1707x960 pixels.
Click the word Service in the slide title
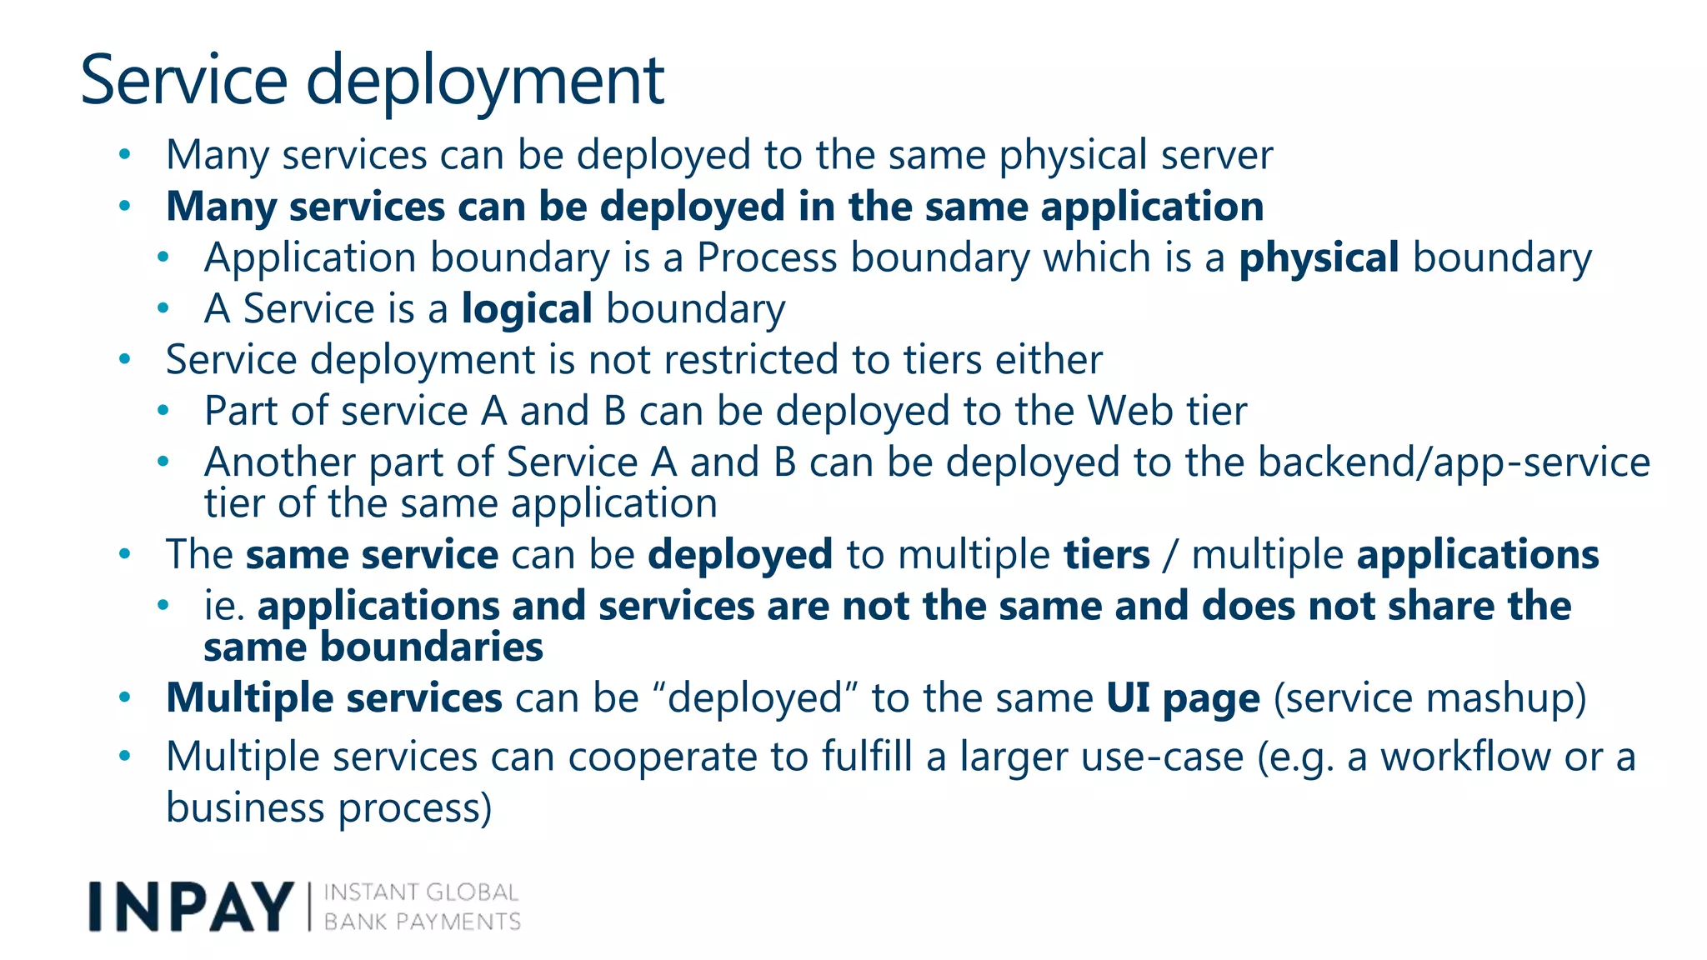click(x=183, y=81)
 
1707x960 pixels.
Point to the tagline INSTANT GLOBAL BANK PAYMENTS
click(x=422, y=907)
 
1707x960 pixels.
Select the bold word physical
click(x=1319, y=258)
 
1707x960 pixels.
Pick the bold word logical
click(x=527, y=309)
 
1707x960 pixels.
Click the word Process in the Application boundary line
click(x=767, y=258)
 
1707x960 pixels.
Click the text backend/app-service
click(x=1454, y=462)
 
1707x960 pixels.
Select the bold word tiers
click(x=1107, y=555)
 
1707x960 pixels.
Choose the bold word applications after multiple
click(x=1478, y=555)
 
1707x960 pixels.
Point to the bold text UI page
click(x=1183, y=698)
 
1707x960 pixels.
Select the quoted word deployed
click(x=756, y=698)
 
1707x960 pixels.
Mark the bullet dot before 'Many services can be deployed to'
click(x=125, y=154)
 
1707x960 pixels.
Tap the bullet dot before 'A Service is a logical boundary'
click(x=163, y=308)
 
